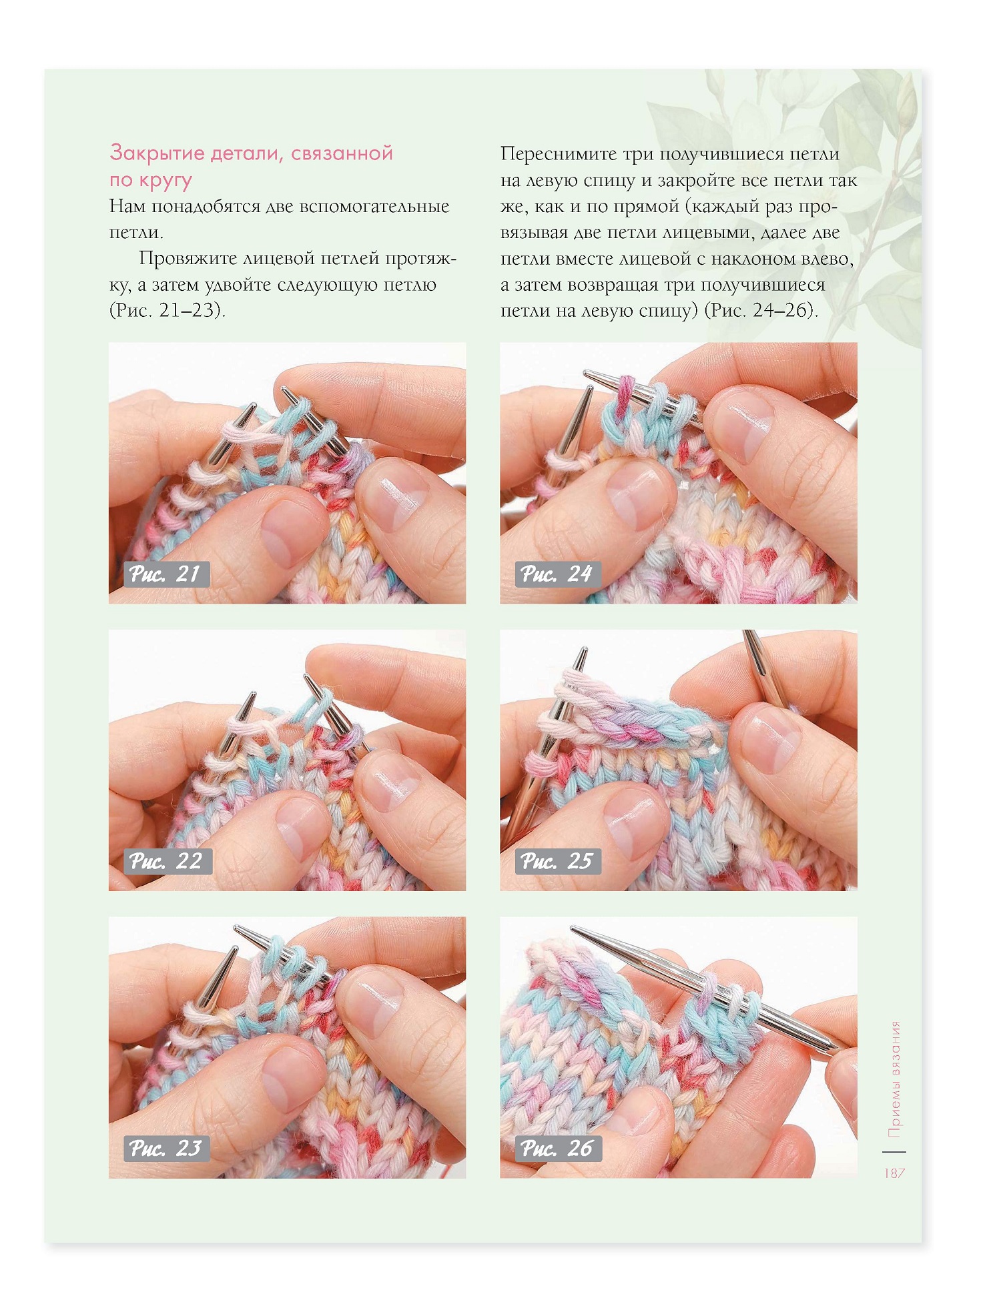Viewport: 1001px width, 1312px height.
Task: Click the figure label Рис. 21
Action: (x=166, y=574)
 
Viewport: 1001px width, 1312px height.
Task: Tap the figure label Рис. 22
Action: (x=168, y=861)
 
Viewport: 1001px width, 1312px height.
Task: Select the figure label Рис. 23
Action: (x=167, y=1148)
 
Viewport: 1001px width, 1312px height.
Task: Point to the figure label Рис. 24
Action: (x=558, y=574)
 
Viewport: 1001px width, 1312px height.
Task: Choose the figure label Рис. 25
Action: (x=558, y=861)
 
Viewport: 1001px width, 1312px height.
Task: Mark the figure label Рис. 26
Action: (x=559, y=1148)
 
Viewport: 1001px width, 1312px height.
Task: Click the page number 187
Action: (x=894, y=1173)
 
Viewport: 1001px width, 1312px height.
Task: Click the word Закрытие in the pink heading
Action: (x=157, y=153)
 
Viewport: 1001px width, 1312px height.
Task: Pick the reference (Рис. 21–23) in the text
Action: (x=168, y=311)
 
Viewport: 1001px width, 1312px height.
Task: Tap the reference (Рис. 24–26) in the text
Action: (x=761, y=311)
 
